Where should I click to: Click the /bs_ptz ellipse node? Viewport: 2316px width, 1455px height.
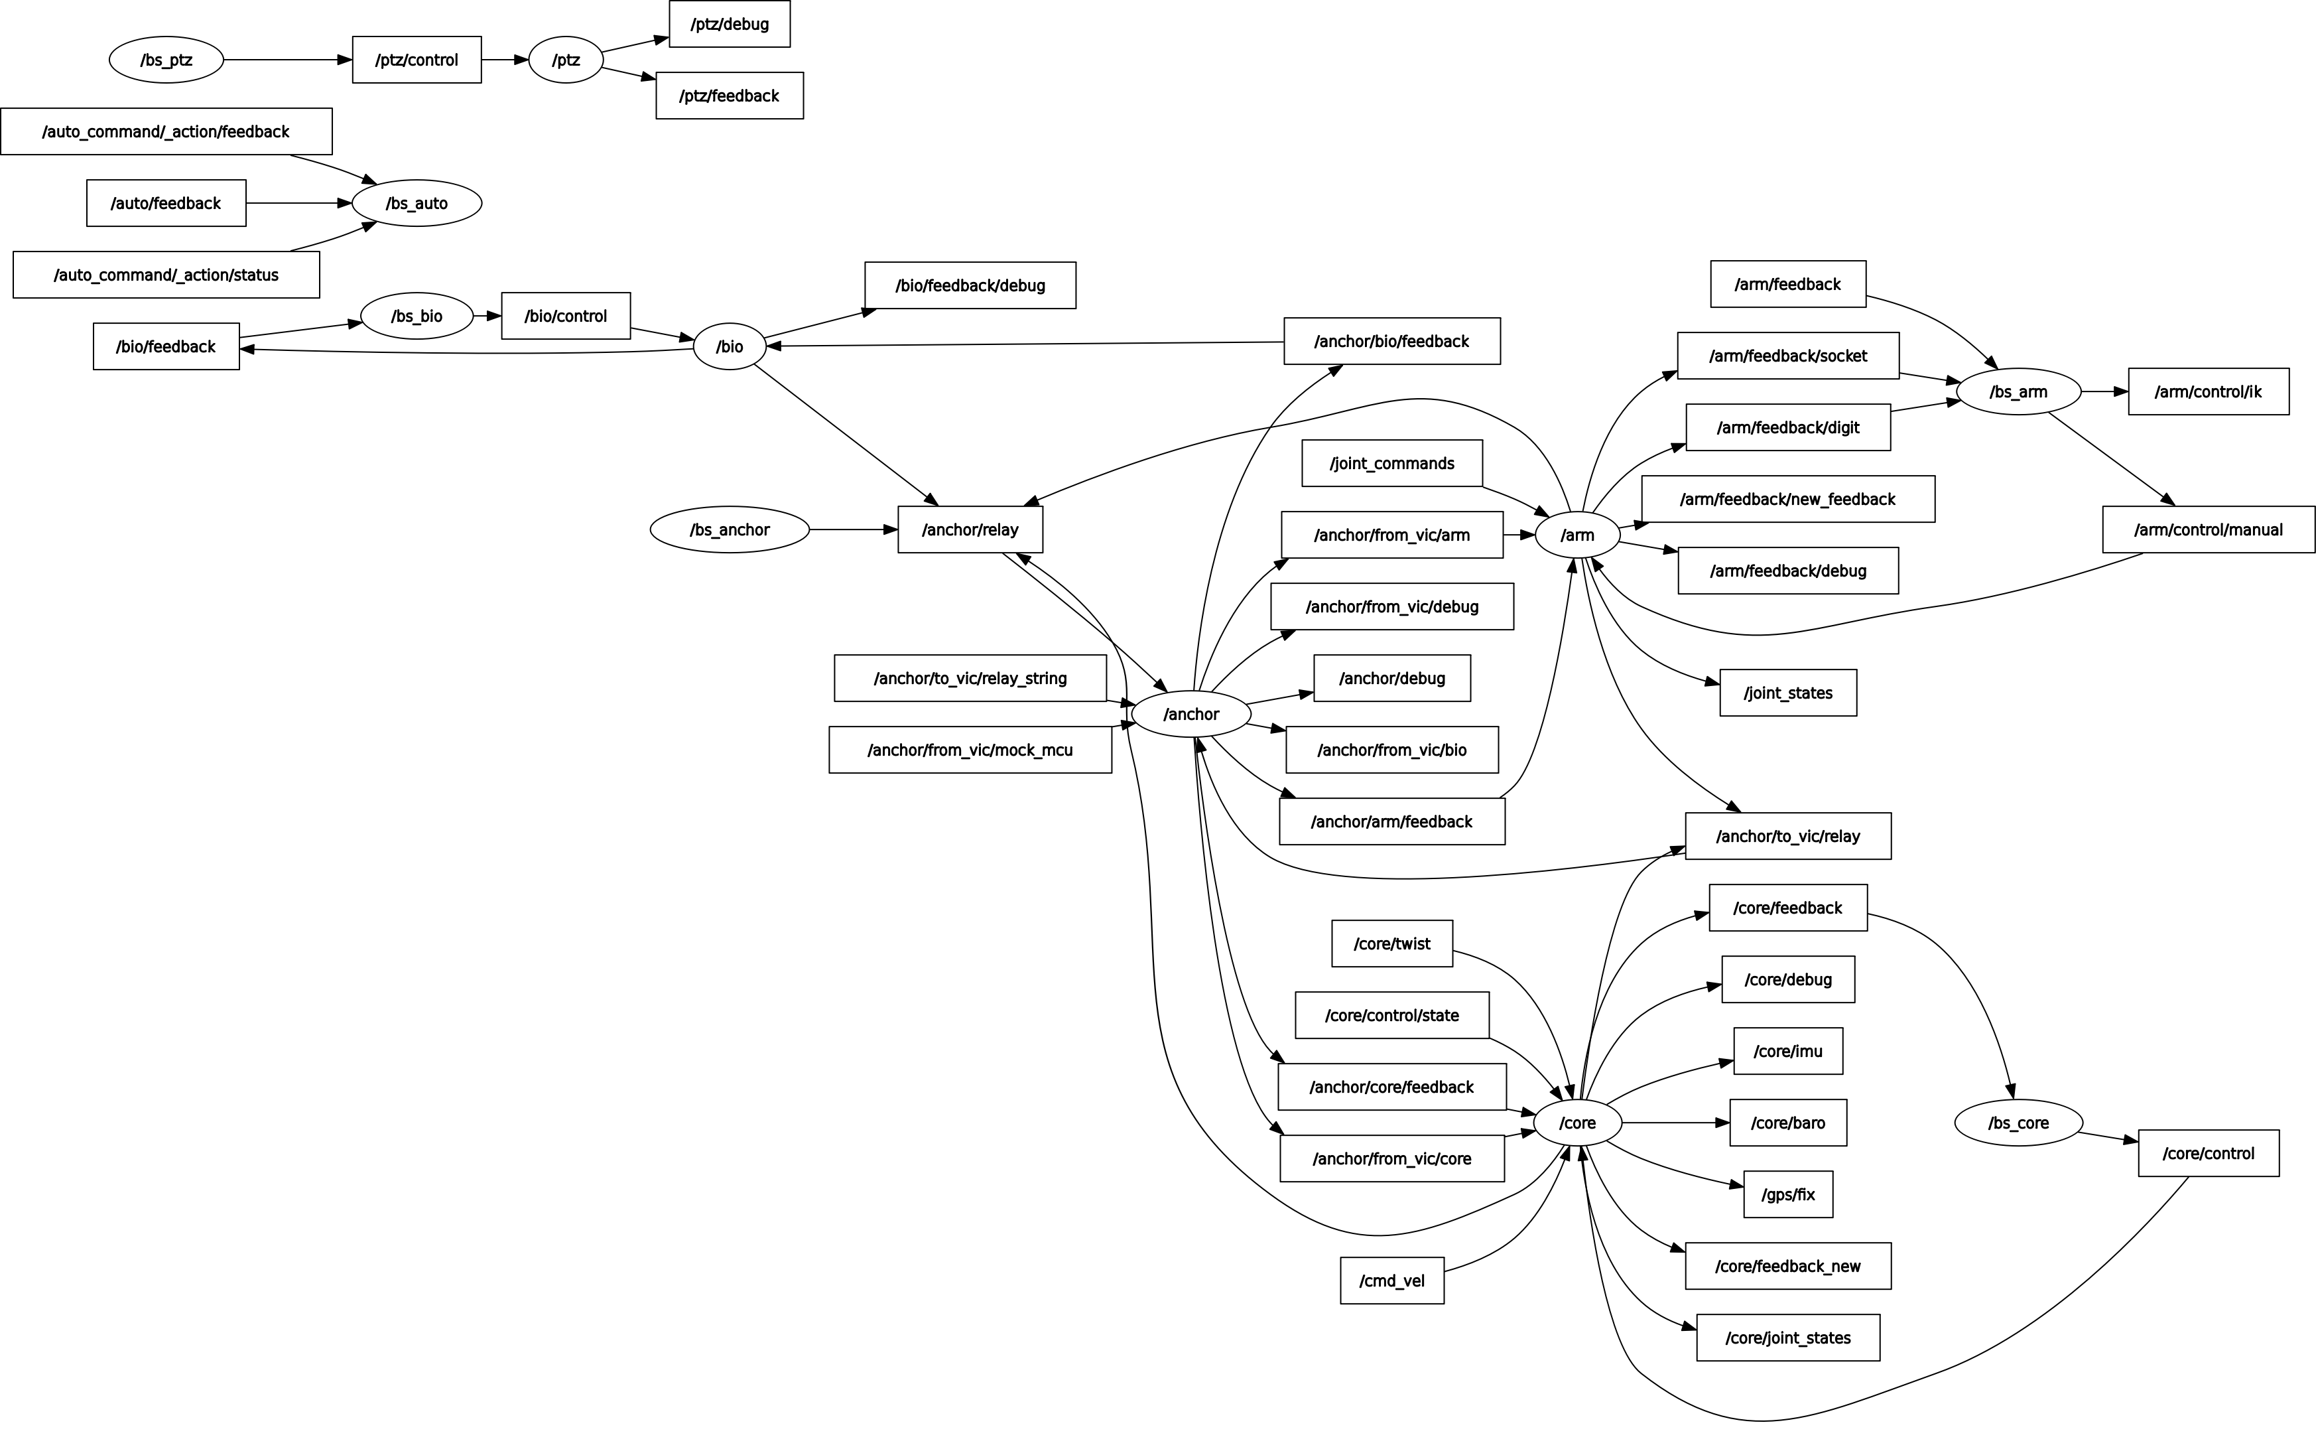166,60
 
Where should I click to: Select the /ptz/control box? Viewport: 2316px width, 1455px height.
417,60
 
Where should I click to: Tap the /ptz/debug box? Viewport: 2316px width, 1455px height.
729,24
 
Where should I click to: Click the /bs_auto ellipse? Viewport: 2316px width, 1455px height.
417,203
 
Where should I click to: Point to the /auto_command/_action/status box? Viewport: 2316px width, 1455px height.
166,275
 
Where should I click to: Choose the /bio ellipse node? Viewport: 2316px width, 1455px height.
729,346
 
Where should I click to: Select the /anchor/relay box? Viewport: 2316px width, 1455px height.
970,529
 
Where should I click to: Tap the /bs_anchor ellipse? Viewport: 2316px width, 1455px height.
729,529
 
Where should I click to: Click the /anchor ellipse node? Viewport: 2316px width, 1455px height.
1190,714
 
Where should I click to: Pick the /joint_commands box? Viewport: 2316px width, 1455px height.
1391,463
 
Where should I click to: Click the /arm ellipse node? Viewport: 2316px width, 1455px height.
1577,535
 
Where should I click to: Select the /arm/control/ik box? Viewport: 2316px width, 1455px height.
2209,391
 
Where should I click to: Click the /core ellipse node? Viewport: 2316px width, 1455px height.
1577,1123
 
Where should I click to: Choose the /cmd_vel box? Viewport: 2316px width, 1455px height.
1391,1281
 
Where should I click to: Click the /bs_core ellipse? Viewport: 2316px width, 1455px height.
2018,1123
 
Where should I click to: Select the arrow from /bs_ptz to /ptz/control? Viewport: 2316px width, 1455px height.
288,60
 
